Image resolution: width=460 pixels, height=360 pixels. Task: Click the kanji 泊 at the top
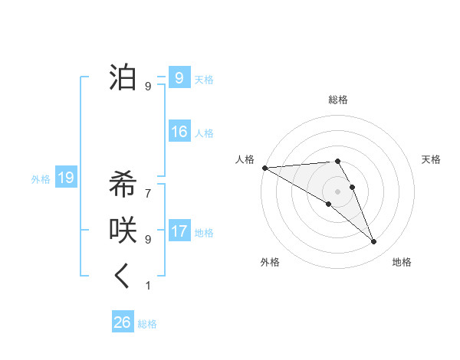(123, 77)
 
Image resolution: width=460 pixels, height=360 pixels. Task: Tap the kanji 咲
(123, 231)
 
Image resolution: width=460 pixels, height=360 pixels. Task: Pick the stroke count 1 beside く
(148, 286)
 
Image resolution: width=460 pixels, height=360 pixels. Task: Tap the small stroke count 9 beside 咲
(148, 239)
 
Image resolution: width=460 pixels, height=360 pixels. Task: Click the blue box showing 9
(179, 78)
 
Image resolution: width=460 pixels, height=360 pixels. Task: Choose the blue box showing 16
(179, 132)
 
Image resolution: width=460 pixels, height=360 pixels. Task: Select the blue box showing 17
(179, 231)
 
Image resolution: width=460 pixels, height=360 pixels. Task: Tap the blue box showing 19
(66, 178)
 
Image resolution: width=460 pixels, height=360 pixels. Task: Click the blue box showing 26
(122, 322)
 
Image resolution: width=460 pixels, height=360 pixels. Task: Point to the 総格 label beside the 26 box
(147, 324)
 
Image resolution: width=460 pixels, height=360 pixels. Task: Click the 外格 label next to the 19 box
(41, 179)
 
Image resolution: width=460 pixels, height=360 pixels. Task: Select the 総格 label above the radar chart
(337, 100)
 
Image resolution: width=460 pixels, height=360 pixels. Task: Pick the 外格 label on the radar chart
(270, 262)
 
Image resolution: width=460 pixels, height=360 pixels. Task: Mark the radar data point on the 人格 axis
(264, 167)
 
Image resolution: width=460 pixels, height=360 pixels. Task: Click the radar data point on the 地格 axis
(373, 242)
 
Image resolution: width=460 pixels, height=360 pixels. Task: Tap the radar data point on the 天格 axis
(352, 187)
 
